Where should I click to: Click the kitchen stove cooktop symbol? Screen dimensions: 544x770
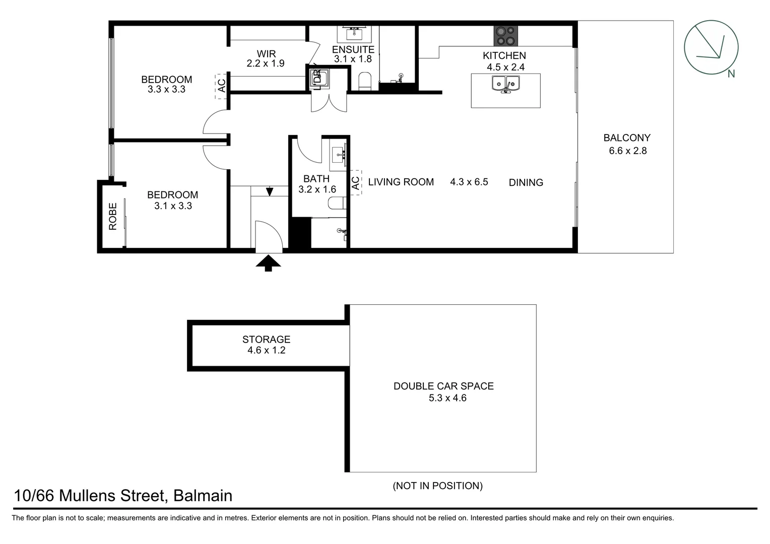tap(505, 36)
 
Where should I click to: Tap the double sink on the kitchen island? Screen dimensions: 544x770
tap(505, 84)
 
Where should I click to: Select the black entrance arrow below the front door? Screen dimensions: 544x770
tap(268, 263)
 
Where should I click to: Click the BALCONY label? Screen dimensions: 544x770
tap(627, 138)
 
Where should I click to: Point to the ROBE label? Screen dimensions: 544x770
tap(113, 216)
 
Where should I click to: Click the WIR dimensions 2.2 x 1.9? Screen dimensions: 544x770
tap(266, 63)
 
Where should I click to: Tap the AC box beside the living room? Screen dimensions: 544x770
tap(356, 182)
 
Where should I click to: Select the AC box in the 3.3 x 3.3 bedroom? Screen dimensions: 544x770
tap(221, 86)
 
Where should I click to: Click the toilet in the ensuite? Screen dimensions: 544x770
tap(364, 81)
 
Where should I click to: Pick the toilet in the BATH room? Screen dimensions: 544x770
tap(337, 203)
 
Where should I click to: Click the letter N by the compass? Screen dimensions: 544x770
tap(731, 74)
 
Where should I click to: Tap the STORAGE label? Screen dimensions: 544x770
tap(266, 339)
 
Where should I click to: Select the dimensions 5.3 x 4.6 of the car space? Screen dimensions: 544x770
tap(447, 398)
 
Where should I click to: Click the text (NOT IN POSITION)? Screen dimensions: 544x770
tap(437, 486)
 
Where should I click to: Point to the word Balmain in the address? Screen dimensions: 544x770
tap(203, 496)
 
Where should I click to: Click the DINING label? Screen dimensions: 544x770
tap(526, 182)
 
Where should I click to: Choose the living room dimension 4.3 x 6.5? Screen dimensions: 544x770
tap(469, 182)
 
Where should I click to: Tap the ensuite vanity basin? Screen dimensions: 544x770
tap(354, 33)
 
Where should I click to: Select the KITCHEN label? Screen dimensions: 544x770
tap(504, 55)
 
